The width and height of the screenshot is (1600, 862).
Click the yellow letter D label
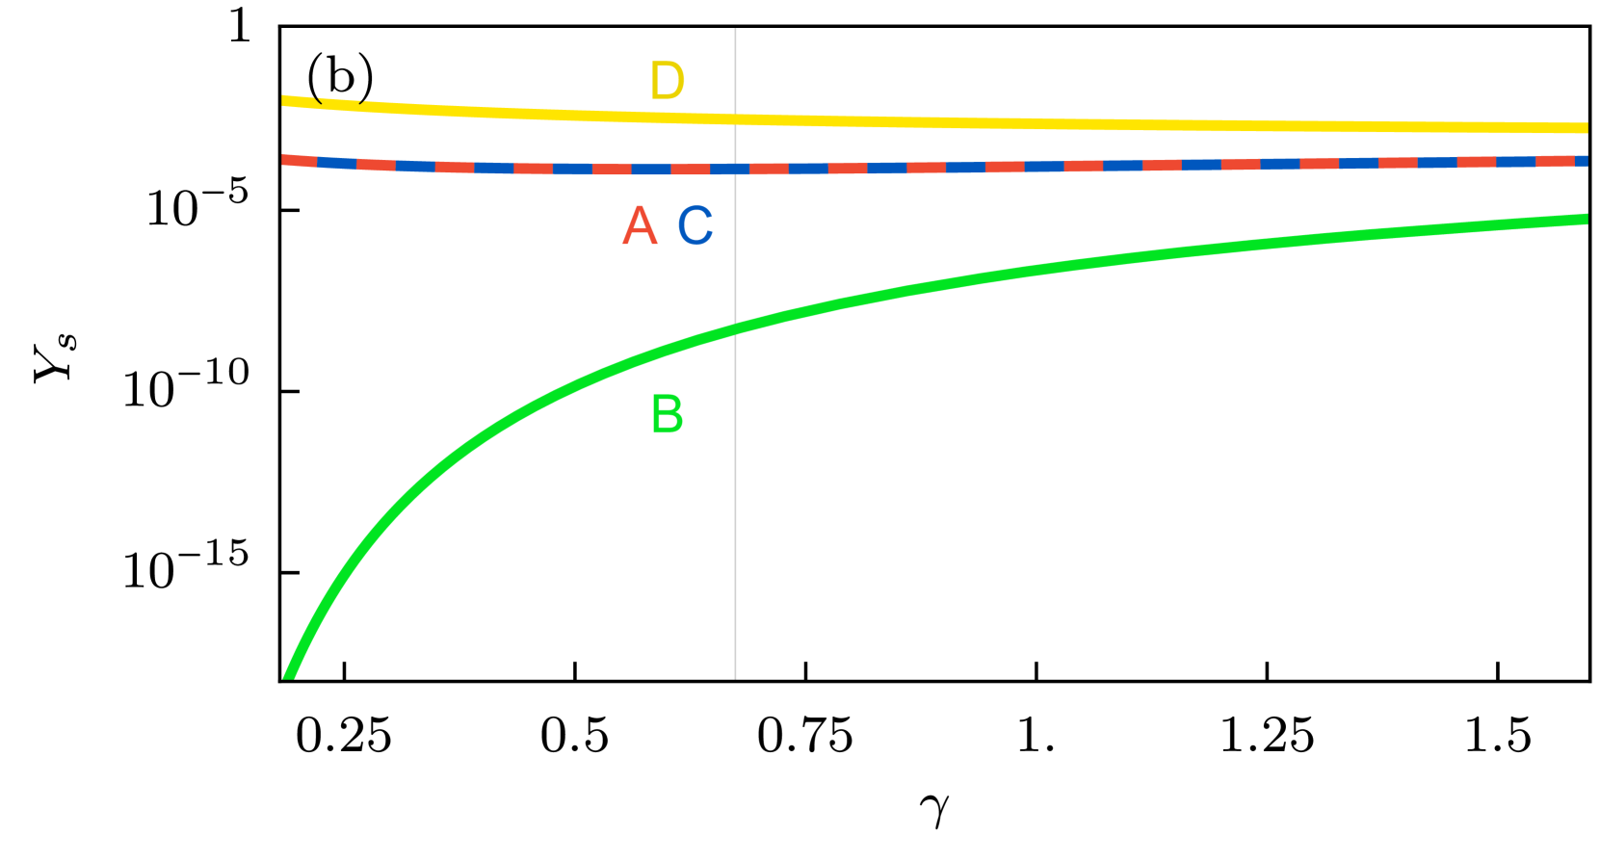coord(668,81)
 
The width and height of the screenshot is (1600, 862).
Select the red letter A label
coord(640,226)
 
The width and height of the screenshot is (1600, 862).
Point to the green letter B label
coord(668,415)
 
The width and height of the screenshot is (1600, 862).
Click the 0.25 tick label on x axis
coord(344,737)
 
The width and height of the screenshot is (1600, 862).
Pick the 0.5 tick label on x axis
coord(575,737)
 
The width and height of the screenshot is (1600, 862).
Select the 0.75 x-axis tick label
coord(805,737)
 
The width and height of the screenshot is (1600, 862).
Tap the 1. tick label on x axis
coord(1036,737)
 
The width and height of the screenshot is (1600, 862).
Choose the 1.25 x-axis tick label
coord(1267,737)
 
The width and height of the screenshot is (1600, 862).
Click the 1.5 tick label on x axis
coord(1498,737)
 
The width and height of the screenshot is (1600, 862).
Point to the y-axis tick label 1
coord(239,26)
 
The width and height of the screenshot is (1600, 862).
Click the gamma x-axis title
coord(934,809)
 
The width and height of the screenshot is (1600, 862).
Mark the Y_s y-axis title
coord(54,357)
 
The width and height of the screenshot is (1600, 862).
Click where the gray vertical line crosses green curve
coord(736,328)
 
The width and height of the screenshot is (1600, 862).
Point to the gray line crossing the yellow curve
coord(736,119)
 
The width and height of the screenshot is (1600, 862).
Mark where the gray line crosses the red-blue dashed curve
coord(736,169)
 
